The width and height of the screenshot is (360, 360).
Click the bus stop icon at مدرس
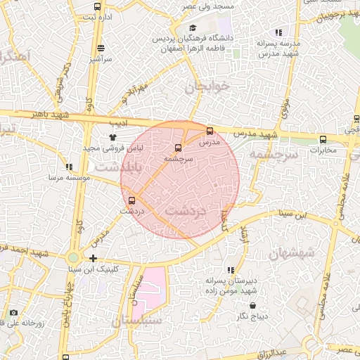click(x=210, y=131)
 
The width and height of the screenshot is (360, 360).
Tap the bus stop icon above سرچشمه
click(x=176, y=148)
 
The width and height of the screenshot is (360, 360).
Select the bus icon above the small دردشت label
click(x=131, y=200)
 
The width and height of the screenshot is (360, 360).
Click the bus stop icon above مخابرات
click(x=323, y=139)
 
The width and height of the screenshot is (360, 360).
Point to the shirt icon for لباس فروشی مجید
click(x=112, y=137)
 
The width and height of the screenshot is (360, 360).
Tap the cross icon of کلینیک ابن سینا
click(x=94, y=258)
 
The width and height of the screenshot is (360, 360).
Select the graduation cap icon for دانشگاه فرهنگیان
click(x=193, y=27)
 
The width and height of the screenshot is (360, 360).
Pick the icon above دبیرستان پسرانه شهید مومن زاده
click(x=230, y=269)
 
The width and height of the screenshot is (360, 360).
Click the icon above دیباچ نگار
click(x=253, y=306)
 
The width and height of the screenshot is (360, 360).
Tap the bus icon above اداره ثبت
click(x=96, y=6)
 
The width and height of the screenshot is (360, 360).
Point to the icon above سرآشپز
click(x=101, y=49)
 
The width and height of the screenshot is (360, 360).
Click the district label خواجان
click(x=208, y=88)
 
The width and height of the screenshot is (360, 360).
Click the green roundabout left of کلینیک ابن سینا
click(x=75, y=258)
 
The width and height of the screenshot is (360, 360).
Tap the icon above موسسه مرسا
click(x=69, y=167)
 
